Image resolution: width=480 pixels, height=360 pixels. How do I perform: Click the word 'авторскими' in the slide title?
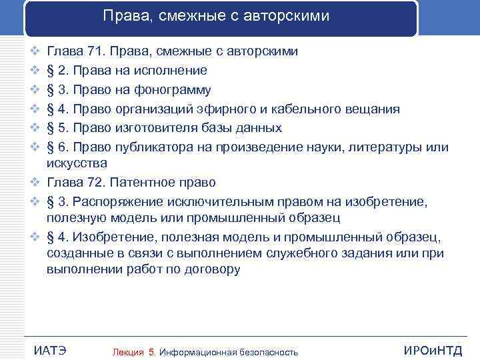(288, 15)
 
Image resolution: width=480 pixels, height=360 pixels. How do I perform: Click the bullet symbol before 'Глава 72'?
(35, 182)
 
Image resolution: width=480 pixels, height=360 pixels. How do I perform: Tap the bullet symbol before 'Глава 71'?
(35, 51)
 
